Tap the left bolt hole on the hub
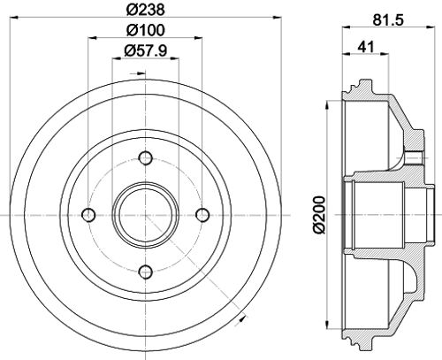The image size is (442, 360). coord(88,215)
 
